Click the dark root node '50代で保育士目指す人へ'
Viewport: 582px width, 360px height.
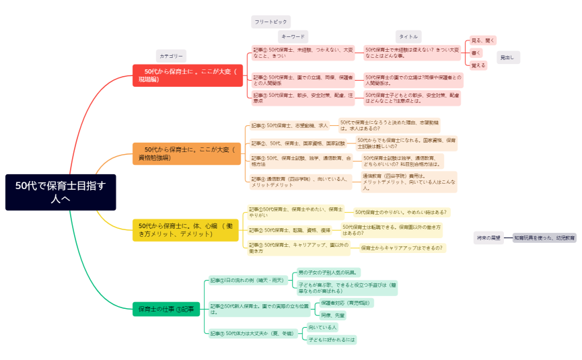pos(61,192)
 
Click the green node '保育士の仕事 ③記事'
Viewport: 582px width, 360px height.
pos(166,310)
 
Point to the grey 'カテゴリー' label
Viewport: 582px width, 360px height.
pos(171,56)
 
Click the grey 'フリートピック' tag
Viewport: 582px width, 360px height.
pos(270,22)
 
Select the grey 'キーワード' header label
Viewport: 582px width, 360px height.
pos(293,36)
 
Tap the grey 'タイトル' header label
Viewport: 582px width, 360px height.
pos(408,36)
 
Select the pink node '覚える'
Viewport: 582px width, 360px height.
pos(478,65)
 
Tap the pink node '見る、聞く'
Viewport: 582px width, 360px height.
pos(482,40)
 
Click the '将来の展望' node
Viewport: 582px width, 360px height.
pos(488,238)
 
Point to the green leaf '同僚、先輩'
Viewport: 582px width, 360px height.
pos(333,314)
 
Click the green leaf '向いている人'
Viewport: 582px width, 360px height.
pos(322,327)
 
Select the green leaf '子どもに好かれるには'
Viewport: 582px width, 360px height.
pos(331,340)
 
